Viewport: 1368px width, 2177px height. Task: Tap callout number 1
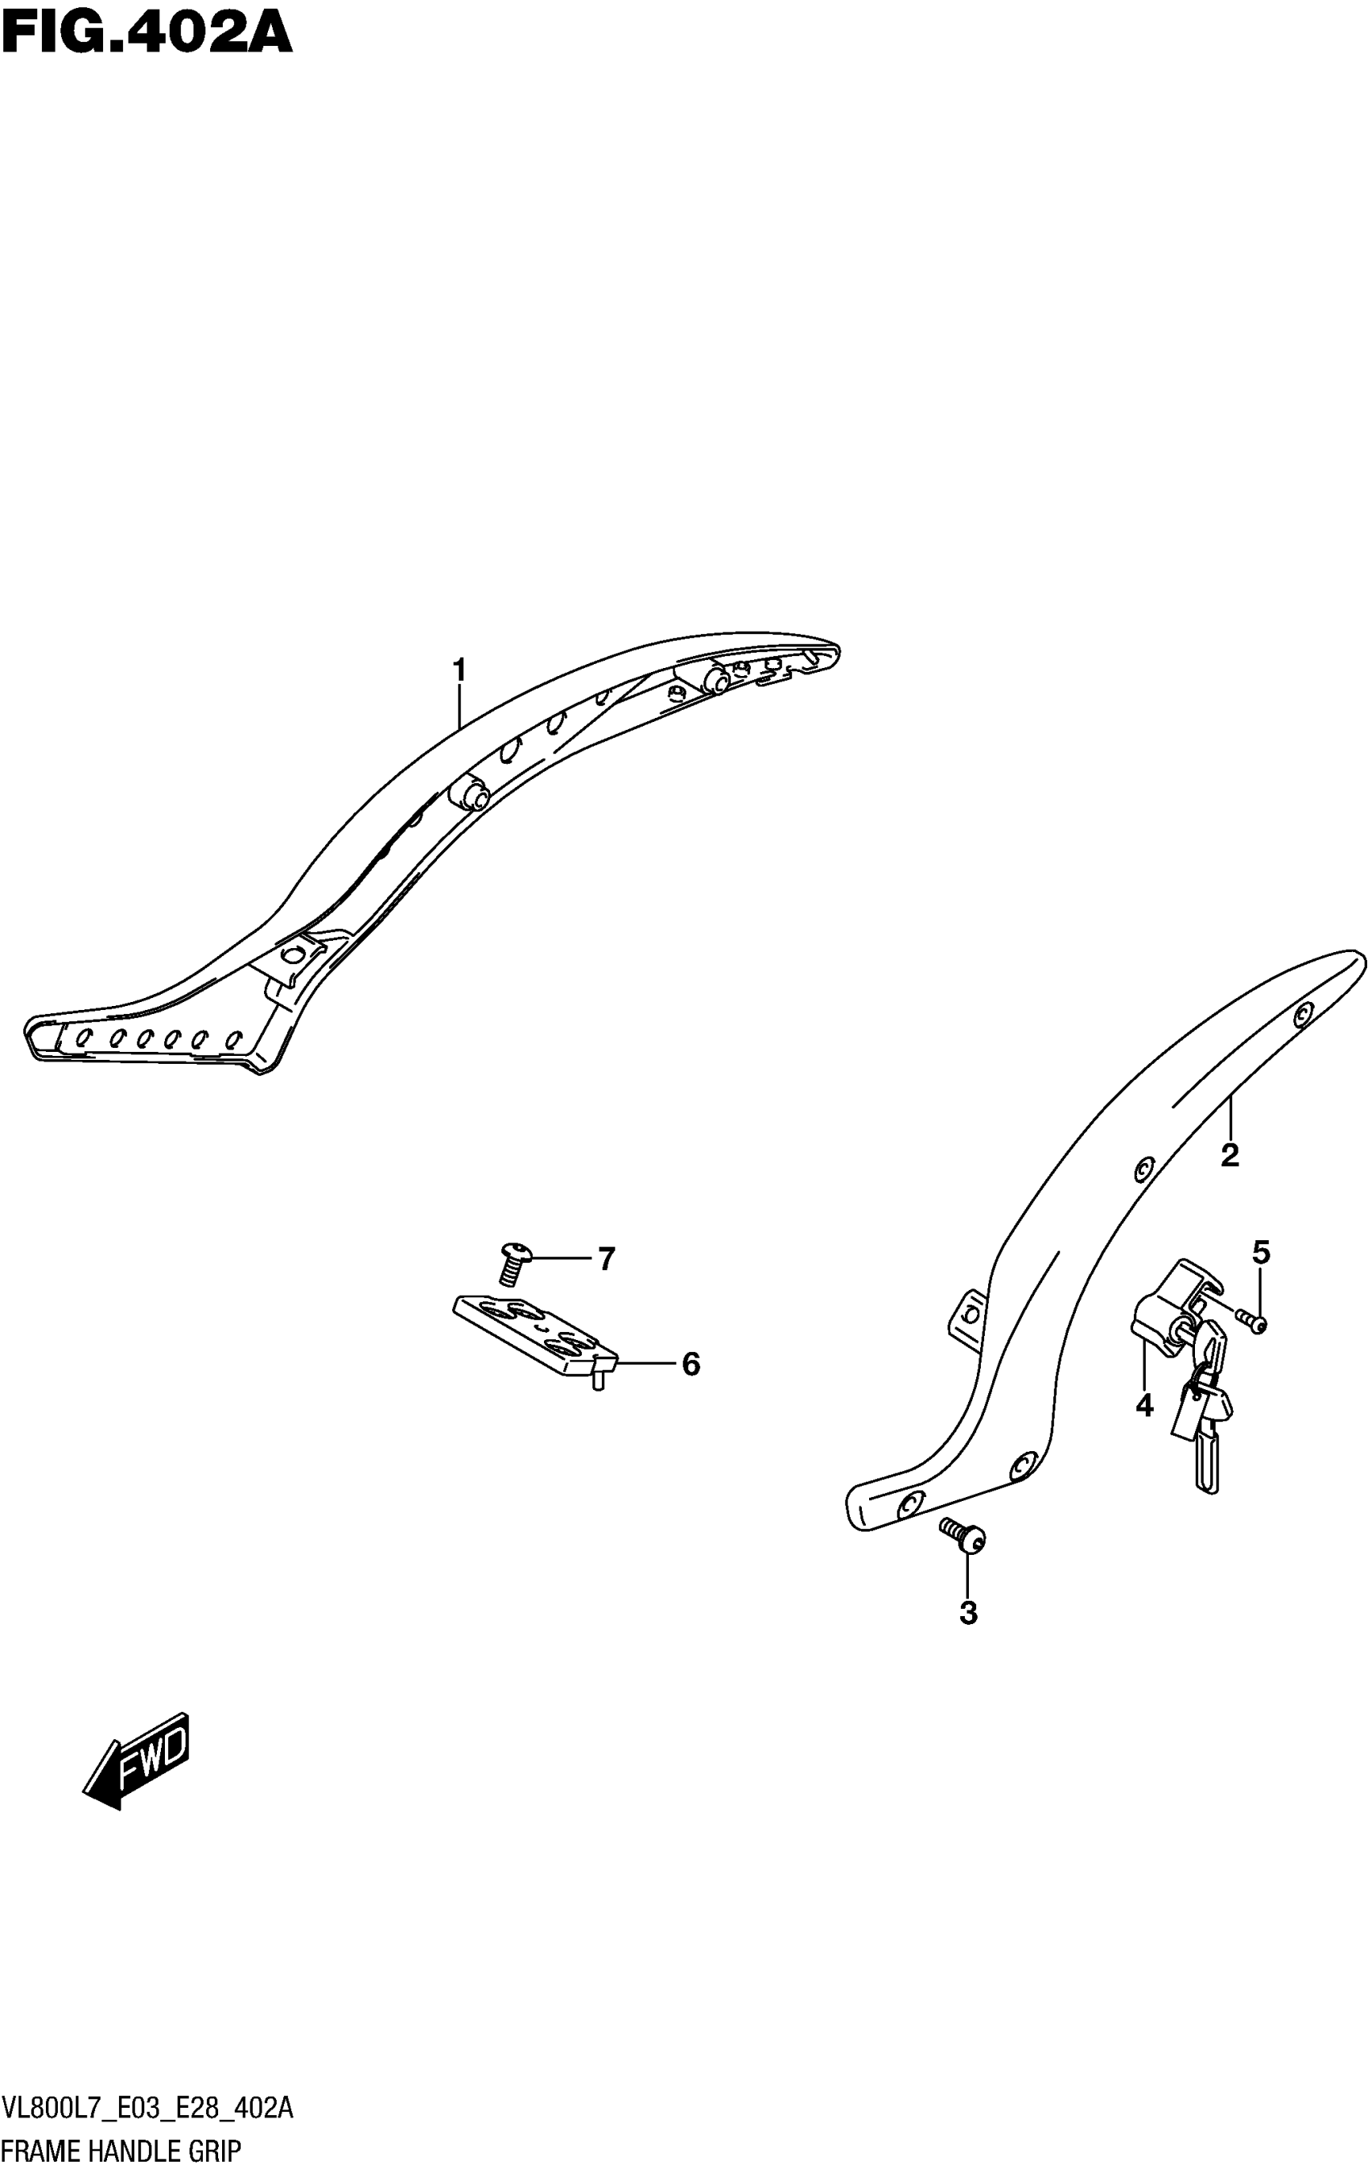click(x=459, y=671)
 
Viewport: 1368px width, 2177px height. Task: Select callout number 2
click(x=1229, y=1156)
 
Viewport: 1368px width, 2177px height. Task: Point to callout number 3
click(x=967, y=1613)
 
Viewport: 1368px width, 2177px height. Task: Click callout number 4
click(x=1143, y=1406)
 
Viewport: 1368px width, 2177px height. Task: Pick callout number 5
click(x=1260, y=1253)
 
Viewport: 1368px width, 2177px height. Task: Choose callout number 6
click(x=690, y=1364)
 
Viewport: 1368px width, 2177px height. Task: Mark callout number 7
click(x=606, y=1259)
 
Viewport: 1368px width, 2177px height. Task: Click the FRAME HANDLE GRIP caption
click(x=122, y=2150)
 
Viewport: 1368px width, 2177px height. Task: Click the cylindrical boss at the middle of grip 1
click(x=469, y=793)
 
